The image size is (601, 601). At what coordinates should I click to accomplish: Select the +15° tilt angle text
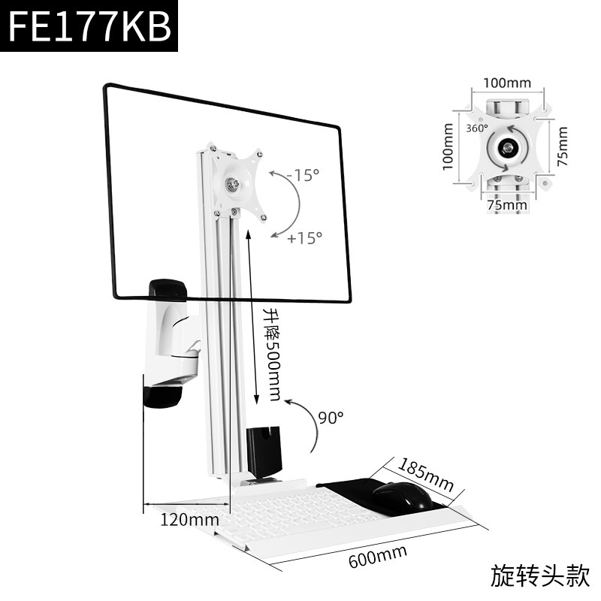tap(304, 237)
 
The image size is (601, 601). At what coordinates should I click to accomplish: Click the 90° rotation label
tap(330, 415)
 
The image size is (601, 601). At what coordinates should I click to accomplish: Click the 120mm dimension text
tap(189, 519)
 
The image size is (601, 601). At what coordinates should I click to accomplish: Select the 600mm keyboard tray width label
tap(378, 557)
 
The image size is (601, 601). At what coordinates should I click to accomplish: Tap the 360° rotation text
tap(476, 128)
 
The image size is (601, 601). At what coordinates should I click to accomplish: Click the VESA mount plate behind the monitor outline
tap(238, 181)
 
